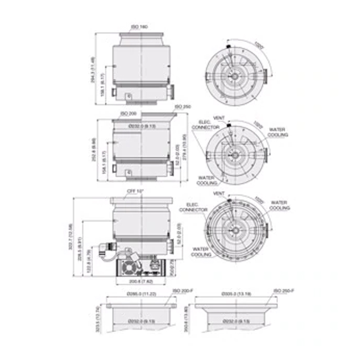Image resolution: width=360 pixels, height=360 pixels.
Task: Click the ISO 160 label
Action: coord(139,27)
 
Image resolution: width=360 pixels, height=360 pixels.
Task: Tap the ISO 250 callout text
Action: coord(183,106)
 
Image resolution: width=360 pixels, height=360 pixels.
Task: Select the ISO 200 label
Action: coord(128,113)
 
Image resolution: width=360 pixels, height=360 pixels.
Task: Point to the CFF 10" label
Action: coord(136,191)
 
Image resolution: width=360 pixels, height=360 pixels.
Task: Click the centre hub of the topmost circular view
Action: coord(236,75)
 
